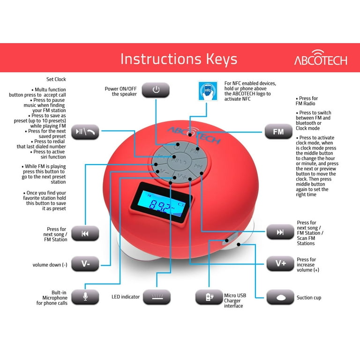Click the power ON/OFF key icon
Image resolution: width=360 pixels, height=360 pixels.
(x=156, y=90)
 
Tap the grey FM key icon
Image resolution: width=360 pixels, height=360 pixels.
(x=278, y=132)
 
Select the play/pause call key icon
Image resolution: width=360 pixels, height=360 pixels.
(x=85, y=132)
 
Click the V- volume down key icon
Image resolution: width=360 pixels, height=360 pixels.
(x=85, y=263)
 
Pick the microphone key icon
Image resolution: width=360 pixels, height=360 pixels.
(x=85, y=297)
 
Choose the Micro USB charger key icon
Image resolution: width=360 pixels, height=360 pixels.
(x=209, y=297)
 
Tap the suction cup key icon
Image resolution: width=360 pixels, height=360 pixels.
(x=280, y=297)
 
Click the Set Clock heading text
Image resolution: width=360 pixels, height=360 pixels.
(x=56, y=80)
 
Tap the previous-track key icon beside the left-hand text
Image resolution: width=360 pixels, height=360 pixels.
(x=85, y=233)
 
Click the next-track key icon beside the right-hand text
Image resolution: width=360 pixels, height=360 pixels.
(x=280, y=232)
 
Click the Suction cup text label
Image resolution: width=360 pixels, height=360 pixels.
(x=309, y=298)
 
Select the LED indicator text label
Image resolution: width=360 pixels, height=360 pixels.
(x=126, y=297)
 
